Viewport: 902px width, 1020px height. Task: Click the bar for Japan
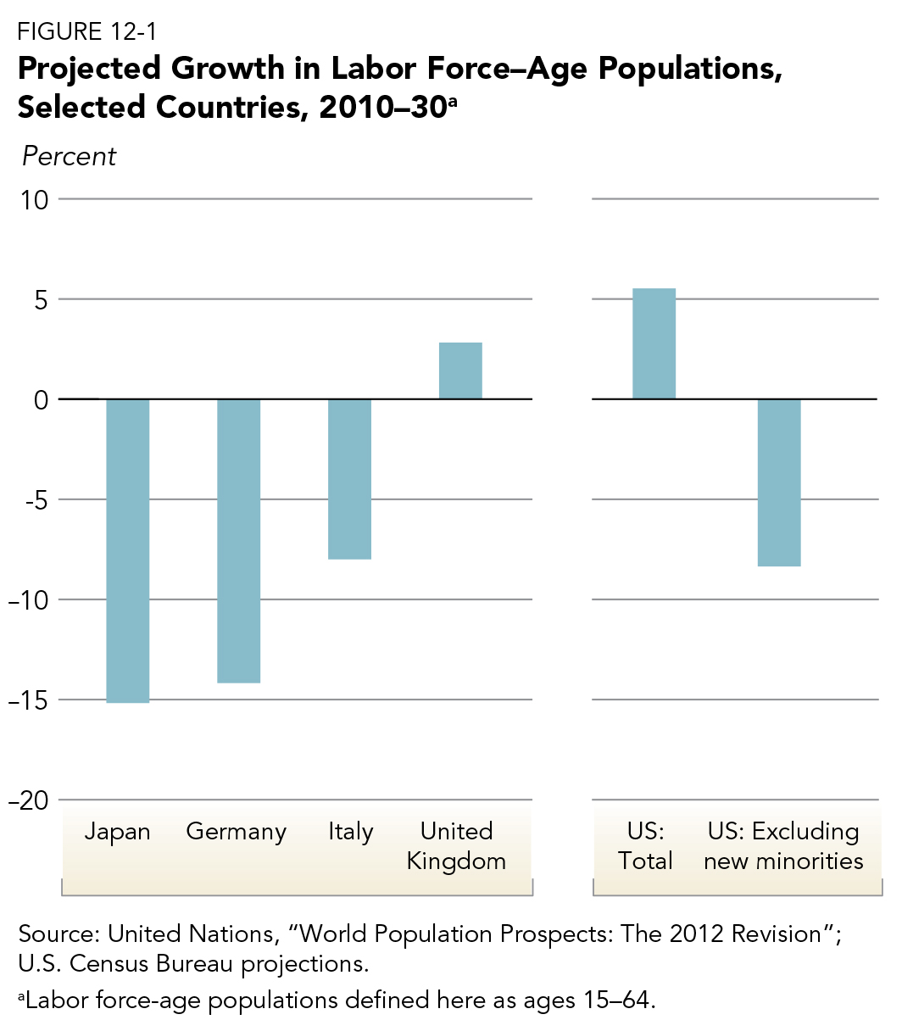click(x=127, y=550)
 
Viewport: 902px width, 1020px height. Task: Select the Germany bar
click(x=239, y=540)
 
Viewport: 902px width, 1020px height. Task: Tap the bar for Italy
click(x=349, y=479)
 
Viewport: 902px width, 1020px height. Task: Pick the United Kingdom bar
click(x=460, y=371)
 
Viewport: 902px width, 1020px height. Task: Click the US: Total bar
click(x=654, y=343)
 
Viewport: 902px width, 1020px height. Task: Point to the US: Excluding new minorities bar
click(x=779, y=482)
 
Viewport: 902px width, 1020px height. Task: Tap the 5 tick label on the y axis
click(x=40, y=300)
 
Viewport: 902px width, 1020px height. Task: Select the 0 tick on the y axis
click(x=40, y=400)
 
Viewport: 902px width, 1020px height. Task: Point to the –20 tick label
click(x=29, y=800)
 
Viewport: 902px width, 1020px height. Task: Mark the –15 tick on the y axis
click(x=29, y=700)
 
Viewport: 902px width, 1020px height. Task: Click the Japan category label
click(x=117, y=832)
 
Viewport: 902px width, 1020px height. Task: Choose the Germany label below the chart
click(x=237, y=832)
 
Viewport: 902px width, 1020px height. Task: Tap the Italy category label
click(x=350, y=832)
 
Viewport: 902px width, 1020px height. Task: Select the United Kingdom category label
click(x=456, y=846)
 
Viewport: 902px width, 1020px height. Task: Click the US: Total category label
click(x=645, y=846)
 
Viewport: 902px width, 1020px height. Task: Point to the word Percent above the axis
click(x=69, y=157)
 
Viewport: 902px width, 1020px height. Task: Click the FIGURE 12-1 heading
click(x=86, y=32)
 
